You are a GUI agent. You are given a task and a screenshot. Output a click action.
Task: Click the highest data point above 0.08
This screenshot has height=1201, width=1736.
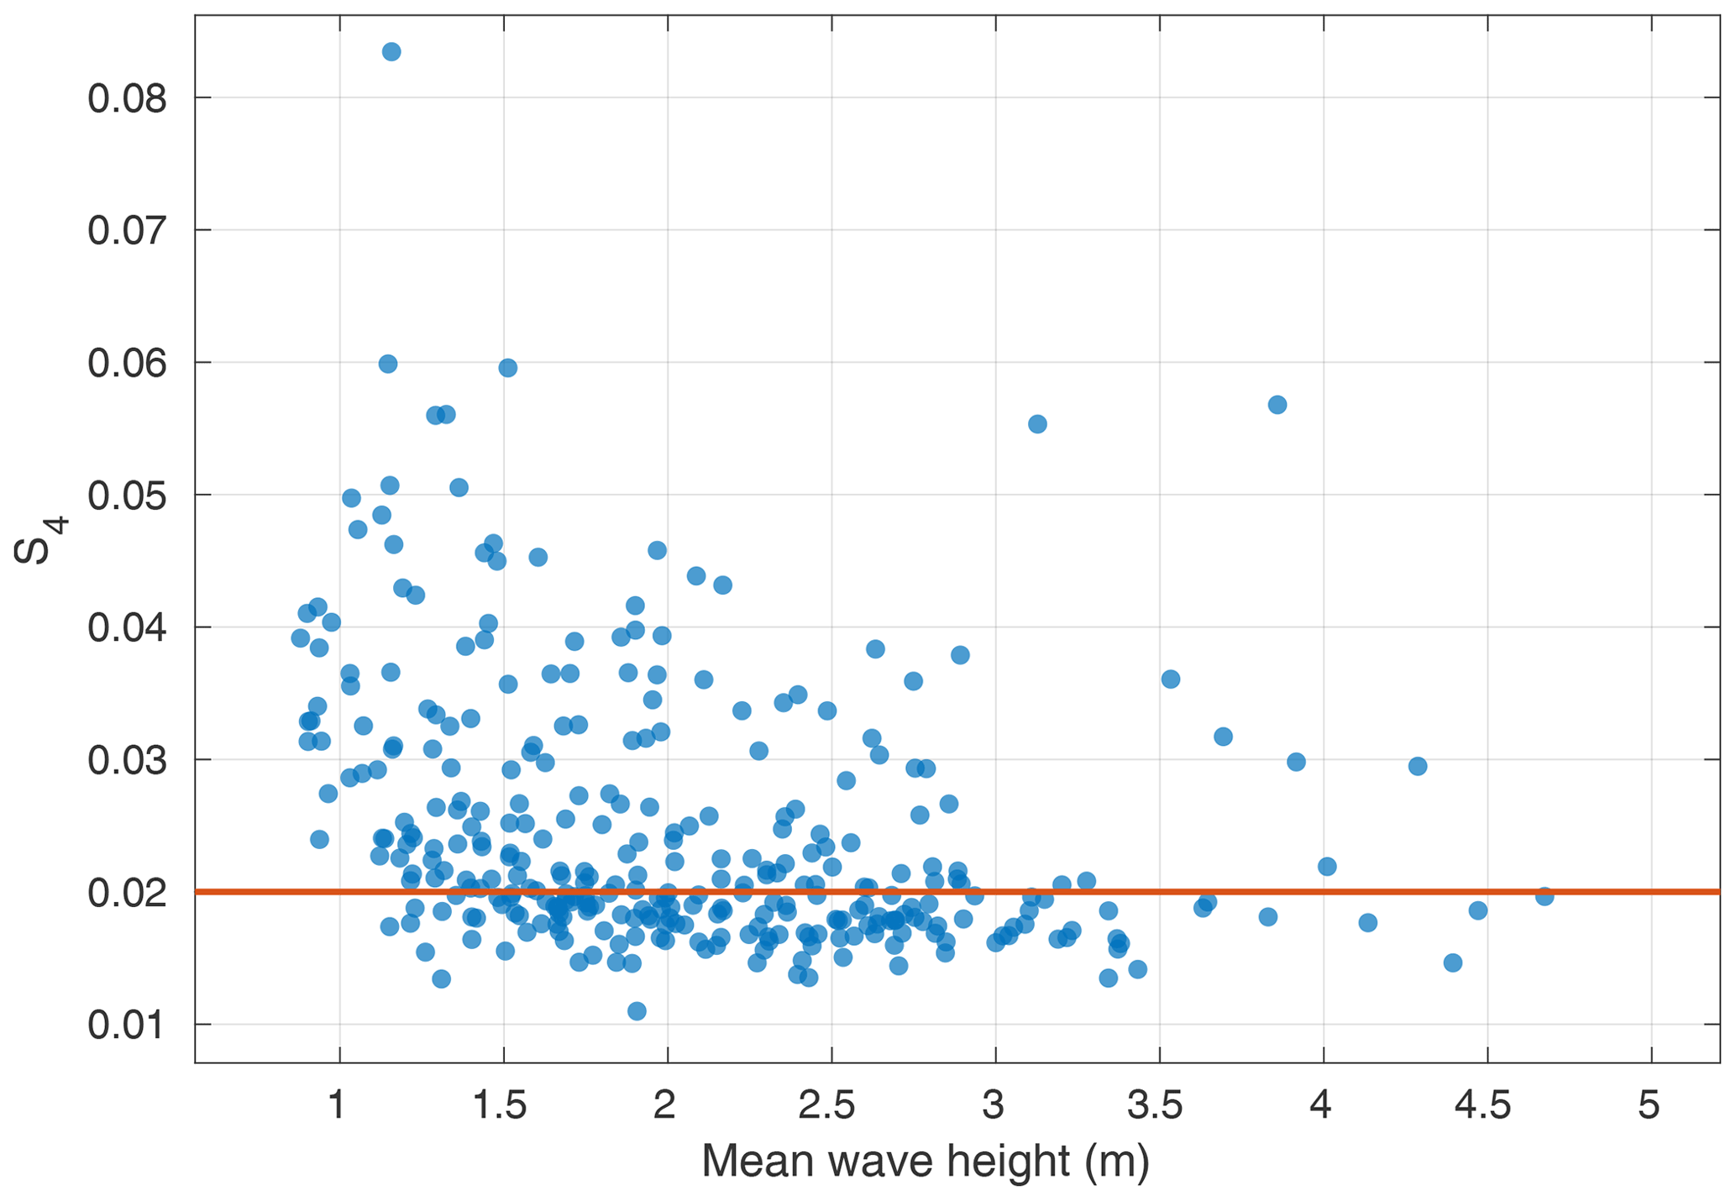[x=391, y=52]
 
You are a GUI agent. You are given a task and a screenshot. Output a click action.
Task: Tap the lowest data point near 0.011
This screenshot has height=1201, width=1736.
[x=637, y=1010]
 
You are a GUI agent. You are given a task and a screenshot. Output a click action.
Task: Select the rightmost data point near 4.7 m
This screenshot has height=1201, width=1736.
[x=1544, y=897]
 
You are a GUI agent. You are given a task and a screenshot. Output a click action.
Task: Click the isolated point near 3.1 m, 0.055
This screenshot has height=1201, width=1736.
[x=1037, y=424]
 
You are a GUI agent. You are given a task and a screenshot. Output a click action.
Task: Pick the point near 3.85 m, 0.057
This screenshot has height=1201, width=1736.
[x=1277, y=405]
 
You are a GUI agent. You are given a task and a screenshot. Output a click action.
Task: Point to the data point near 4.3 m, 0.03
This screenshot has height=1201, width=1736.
[x=1418, y=766]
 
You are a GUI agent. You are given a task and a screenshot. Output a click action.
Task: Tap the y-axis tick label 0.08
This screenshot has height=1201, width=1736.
[x=128, y=99]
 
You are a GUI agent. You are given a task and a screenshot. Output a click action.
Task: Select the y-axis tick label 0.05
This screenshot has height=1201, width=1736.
[x=128, y=496]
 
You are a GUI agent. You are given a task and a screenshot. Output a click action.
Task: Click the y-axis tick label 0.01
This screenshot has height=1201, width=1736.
[x=128, y=1026]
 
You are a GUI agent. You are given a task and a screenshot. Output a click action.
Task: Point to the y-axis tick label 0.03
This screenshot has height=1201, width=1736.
[x=128, y=762]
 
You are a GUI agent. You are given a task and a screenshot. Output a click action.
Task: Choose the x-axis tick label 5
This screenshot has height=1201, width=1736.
[x=1649, y=1106]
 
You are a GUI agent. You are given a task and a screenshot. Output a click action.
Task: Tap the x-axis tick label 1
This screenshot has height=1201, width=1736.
[x=338, y=1106]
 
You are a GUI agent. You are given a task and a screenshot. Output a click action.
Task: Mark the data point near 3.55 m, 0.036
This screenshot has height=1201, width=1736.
[x=1171, y=679]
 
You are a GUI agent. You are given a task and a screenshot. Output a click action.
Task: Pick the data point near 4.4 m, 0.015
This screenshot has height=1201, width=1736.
[x=1453, y=962]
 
